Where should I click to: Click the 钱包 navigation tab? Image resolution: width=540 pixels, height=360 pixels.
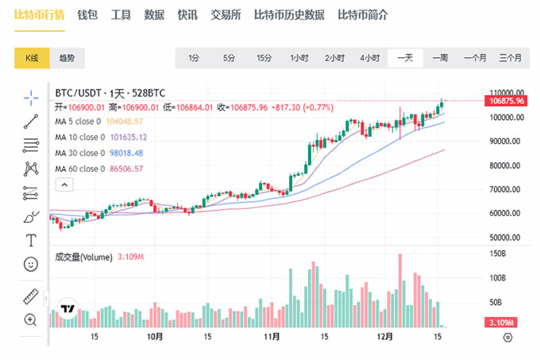pyautogui.click(x=87, y=15)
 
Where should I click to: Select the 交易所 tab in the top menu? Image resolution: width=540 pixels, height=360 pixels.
pyautogui.click(x=226, y=15)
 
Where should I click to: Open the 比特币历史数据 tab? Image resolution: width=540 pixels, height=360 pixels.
pyautogui.click(x=289, y=15)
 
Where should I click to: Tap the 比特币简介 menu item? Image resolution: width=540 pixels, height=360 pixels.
pyautogui.click(x=365, y=15)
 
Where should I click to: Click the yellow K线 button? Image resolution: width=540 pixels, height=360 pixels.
pyautogui.click(x=33, y=58)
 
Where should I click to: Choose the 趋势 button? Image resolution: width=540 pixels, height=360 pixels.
pyautogui.click(x=67, y=58)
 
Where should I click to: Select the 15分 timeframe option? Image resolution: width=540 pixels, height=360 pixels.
pyautogui.click(x=264, y=58)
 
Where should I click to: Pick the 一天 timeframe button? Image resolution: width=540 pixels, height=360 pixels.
pyautogui.click(x=404, y=58)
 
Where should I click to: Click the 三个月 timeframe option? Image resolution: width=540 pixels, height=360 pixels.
pyautogui.click(x=510, y=58)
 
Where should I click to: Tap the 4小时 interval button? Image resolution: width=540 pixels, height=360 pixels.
pyautogui.click(x=369, y=58)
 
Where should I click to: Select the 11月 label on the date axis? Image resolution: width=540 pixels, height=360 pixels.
pyautogui.click(x=272, y=336)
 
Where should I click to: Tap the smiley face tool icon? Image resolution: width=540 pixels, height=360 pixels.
pyautogui.click(x=31, y=264)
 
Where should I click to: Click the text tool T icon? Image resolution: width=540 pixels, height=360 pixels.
pyautogui.click(x=31, y=240)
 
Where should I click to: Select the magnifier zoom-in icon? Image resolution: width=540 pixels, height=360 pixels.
pyautogui.click(x=31, y=319)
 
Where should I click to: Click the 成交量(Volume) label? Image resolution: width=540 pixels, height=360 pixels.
pyautogui.click(x=83, y=257)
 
